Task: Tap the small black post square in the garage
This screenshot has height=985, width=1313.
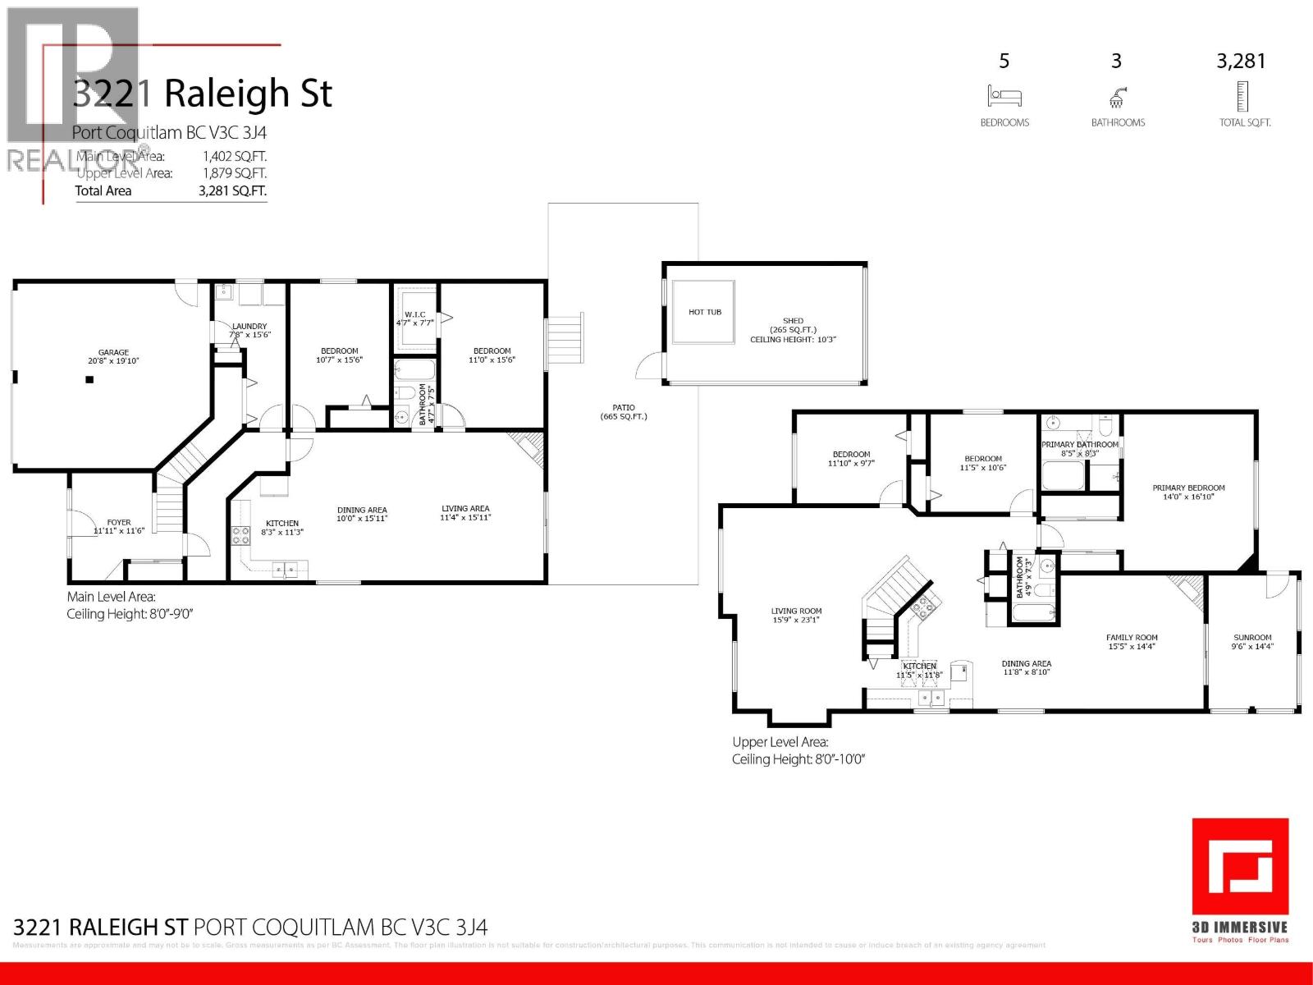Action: pos(89,379)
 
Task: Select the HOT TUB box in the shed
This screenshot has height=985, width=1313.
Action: pos(704,313)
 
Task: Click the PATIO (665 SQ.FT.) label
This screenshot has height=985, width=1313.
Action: pos(623,412)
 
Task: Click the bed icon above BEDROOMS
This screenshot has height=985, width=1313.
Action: pos(1004,96)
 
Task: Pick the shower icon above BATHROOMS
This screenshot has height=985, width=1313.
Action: pos(1116,98)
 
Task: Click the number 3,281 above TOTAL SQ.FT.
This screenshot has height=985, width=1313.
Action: pos(1241,61)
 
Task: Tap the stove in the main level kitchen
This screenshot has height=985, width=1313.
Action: pos(241,536)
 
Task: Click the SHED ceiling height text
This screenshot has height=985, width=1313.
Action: pos(793,339)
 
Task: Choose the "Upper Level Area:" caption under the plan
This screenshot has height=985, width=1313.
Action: pos(780,742)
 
